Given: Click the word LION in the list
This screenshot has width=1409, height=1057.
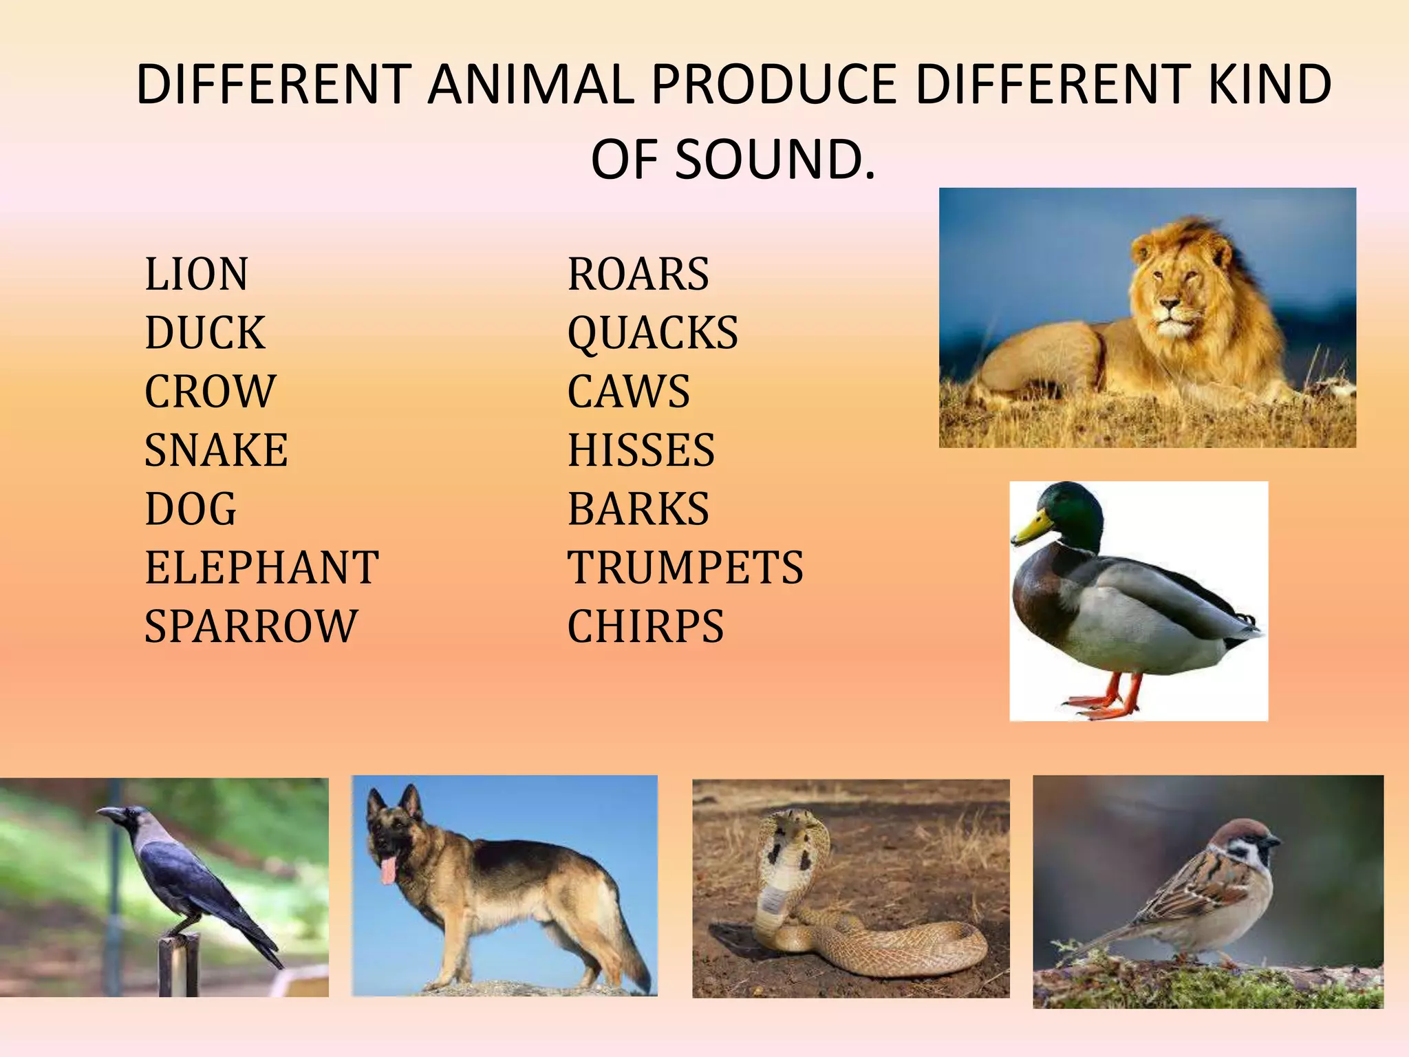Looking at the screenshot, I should point(196,274).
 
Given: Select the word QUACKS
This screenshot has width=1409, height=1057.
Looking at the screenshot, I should point(652,333).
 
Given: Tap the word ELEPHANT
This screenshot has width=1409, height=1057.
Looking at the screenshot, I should point(261,568).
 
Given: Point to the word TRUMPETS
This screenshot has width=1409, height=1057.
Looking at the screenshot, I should point(685,568).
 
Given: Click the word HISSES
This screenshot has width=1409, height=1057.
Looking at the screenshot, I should point(641,450).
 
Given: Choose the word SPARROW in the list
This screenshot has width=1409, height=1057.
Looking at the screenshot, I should point(251,626).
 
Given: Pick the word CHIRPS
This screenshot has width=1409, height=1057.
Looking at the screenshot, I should point(645,626).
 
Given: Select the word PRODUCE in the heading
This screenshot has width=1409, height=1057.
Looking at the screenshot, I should point(774,85).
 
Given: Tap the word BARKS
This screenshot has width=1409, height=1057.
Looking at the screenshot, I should point(638,509).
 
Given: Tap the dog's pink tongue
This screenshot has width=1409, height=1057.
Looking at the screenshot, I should point(389,869).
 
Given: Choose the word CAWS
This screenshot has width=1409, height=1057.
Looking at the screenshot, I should point(628,392).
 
